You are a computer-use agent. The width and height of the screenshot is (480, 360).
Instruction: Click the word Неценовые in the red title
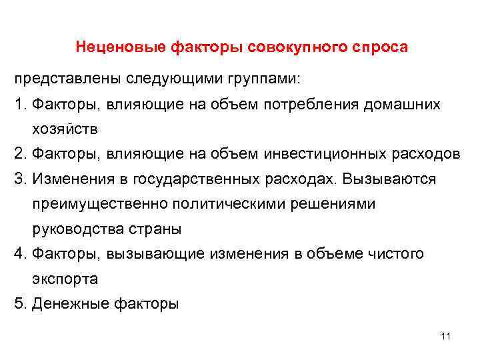tap(121, 47)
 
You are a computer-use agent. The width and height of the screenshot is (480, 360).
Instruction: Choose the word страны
tap(157, 229)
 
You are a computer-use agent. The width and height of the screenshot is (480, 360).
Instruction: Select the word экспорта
tap(64, 279)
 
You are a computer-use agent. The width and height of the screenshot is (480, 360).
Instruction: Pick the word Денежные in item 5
tap(67, 304)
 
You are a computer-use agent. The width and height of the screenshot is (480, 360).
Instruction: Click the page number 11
tap(446, 336)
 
